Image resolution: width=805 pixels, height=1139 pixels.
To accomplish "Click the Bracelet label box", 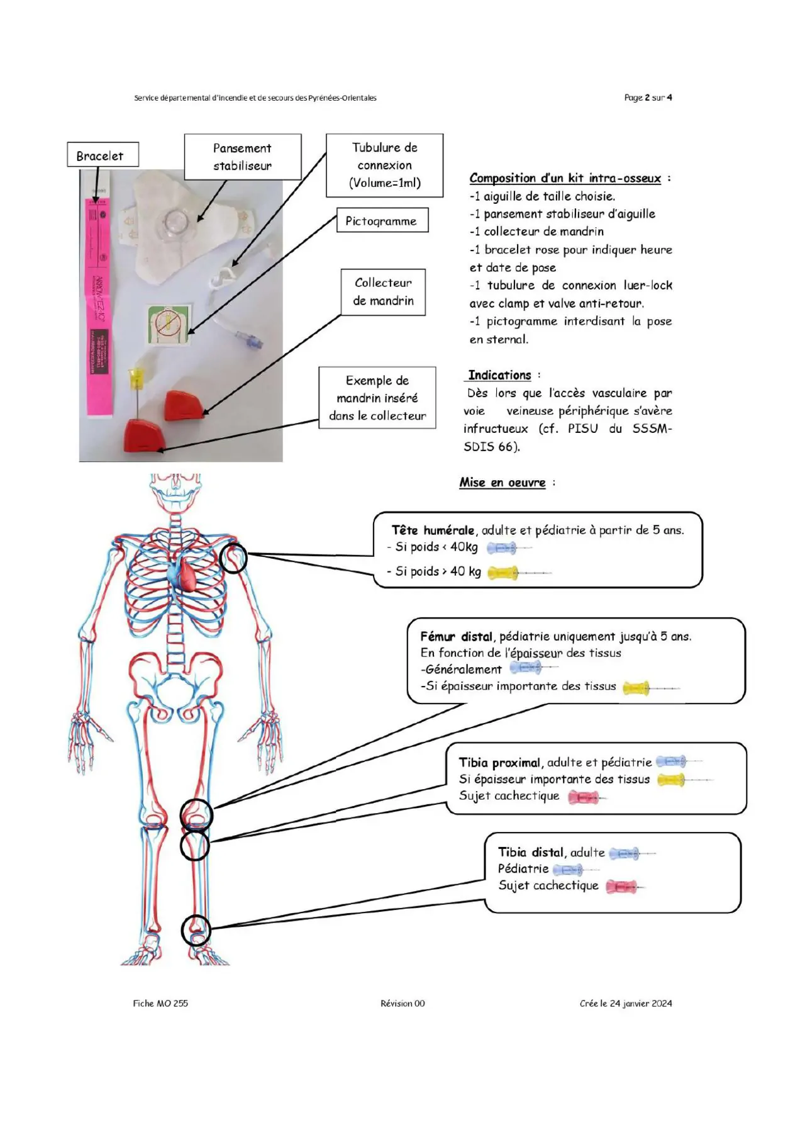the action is tap(103, 155).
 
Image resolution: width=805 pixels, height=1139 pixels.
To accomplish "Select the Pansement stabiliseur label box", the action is tap(243, 157).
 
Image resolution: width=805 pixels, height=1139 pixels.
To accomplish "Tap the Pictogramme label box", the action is tap(382, 221).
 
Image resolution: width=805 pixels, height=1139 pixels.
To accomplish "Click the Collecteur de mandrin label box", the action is tap(383, 292).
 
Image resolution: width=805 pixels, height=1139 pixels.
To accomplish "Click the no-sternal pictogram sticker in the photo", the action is tap(169, 324).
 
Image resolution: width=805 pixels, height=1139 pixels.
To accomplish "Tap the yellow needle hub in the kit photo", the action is tap(136, 378).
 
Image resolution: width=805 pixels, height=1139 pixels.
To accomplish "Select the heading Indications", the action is tap(500, 376).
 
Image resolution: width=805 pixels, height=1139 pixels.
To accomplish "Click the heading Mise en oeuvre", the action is tap(502, 483).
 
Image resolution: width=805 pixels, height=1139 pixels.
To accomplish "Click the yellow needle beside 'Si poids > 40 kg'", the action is tap(519, 573).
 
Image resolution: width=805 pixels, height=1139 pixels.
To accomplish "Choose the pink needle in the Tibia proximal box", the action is tap(587, 798).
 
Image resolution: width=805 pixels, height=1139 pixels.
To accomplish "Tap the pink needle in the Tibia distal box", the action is tap(626, 887).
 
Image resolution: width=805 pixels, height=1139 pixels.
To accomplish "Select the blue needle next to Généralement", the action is tap(533, 668).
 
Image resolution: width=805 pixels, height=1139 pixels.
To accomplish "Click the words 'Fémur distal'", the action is tap(457, 637).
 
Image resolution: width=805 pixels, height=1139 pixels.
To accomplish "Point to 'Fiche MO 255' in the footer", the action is tap(160, 1004).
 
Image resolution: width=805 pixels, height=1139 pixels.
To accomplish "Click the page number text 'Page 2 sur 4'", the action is tap(648, 98).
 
